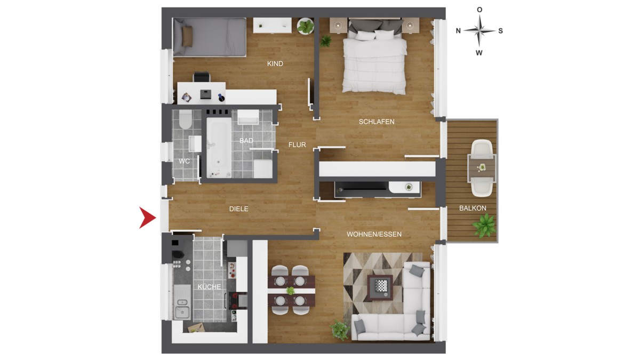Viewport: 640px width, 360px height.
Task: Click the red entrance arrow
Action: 147,218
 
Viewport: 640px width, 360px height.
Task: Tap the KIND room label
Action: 275,63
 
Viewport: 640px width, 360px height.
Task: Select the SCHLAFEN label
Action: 377,122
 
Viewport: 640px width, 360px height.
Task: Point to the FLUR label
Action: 297,145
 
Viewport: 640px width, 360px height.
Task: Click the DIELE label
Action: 238,209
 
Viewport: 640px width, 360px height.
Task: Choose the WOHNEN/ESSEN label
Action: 374,234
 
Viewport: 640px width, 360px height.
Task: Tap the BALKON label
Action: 473,209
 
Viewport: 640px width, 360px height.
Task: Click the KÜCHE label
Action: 209,286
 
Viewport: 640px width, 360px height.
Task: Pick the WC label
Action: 185,161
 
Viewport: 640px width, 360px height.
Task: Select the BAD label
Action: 246,141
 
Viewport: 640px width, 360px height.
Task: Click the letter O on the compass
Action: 479,10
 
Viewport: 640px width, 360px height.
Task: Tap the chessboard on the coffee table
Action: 380,285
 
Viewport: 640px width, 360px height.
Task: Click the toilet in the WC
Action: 185,120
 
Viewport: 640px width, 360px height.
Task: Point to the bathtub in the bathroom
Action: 219,147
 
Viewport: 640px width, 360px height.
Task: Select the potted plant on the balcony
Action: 484,226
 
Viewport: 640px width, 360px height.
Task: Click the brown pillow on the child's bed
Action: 187,36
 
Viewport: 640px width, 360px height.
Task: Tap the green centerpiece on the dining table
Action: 290,291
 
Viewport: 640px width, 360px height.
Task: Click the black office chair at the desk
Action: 202,77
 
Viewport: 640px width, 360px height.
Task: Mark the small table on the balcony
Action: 482,167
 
